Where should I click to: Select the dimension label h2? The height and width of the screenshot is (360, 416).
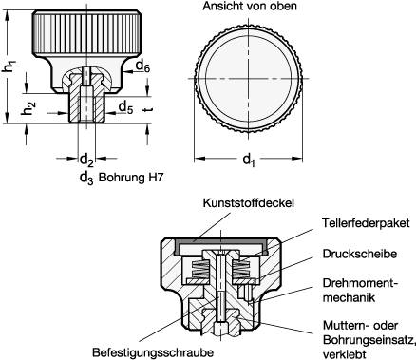pos(30,107)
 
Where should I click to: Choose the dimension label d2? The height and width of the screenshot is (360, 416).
pos(85,159)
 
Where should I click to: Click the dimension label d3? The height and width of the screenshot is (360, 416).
pos(85,176)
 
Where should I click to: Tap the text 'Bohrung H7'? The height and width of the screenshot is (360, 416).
pos(129,176)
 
